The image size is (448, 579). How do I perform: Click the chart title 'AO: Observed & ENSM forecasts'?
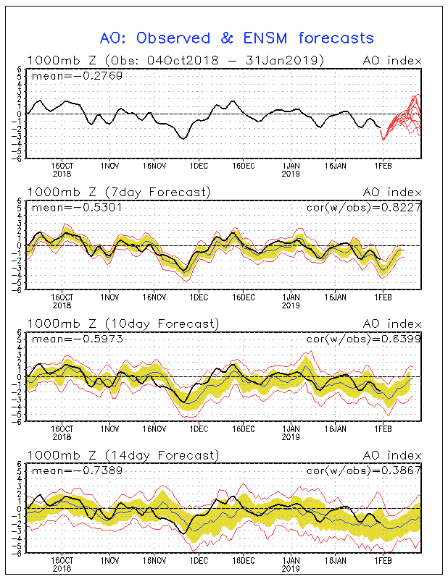click(x=236, y=38)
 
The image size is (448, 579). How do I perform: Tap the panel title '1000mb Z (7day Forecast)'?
click(x=119, y=192)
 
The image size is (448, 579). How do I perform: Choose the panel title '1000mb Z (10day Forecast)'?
click(x=122, y=324)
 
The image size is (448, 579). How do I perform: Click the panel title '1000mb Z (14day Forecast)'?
click(x=122, y=455)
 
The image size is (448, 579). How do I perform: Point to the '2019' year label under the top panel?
click(x=291, y=173)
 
